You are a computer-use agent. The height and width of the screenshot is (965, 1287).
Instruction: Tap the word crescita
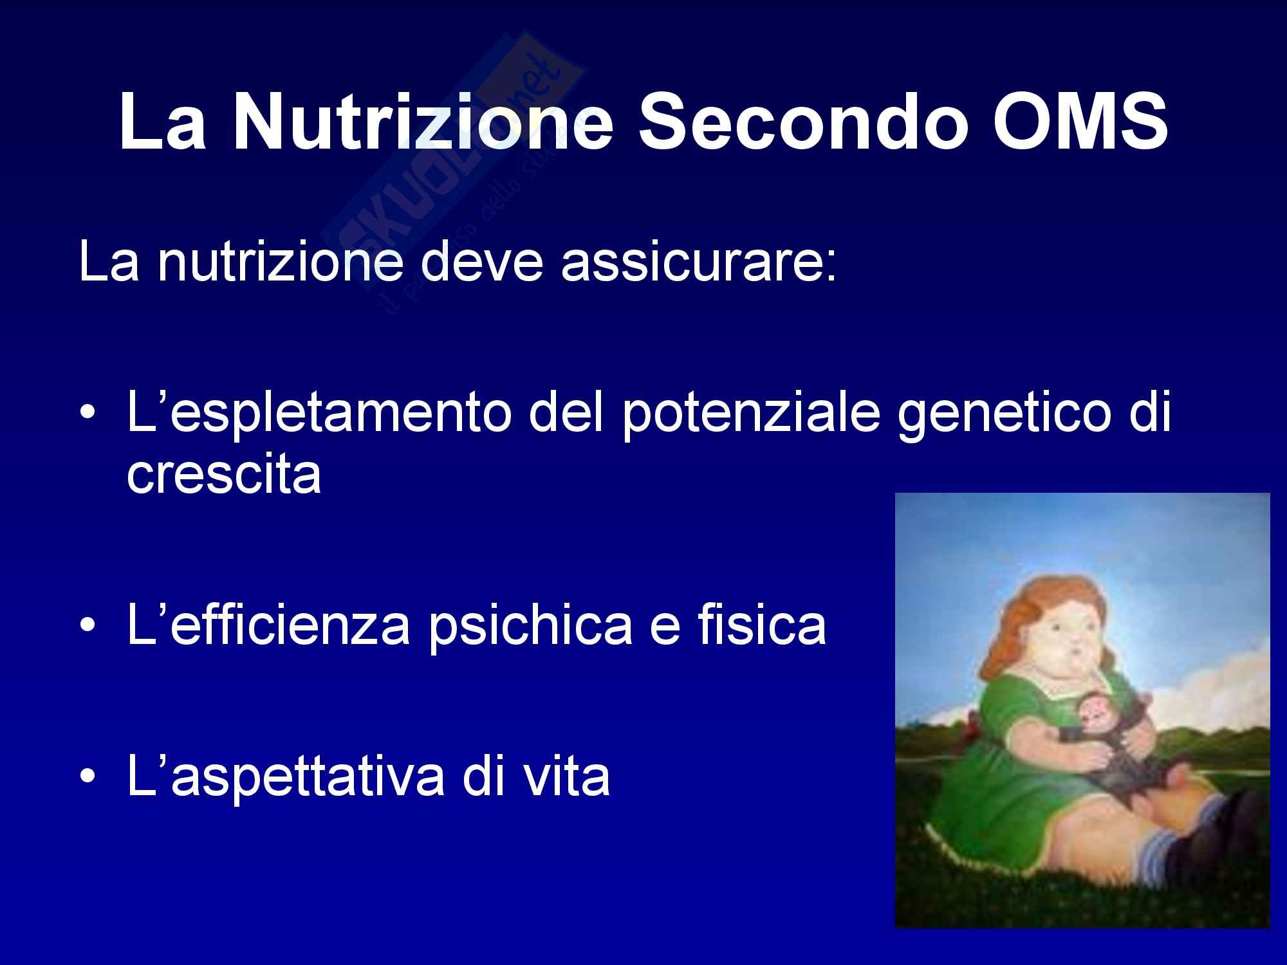[x=224, y=475]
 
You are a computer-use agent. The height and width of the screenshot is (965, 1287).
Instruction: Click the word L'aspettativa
[x=286, y=777]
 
